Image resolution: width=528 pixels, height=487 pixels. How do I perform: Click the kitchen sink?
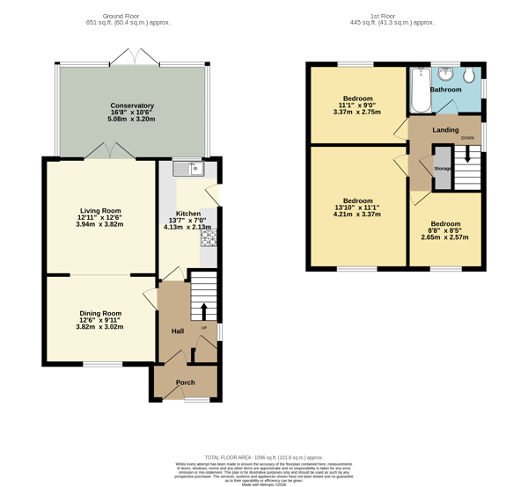pos(188,169)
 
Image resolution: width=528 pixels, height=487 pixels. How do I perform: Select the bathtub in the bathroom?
pos(419,91)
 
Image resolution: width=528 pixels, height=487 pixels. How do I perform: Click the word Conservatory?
pos(132,105)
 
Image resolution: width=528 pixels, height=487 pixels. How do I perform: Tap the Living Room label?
pos(100,211)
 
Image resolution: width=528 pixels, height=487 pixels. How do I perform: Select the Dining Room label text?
pos(100,314)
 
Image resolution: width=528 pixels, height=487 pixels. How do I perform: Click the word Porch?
pos(186,382)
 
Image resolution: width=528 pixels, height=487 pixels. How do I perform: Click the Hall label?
pos(177,331)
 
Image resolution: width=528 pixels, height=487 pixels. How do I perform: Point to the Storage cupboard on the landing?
pos(442,168)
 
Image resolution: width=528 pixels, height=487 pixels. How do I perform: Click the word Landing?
pos(445,130)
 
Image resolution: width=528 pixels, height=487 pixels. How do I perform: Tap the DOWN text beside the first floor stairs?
pos(467,138)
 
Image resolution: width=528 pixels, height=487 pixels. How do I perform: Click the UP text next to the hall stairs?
pos(204,328)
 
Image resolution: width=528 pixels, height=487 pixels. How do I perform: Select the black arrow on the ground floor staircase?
pos(204,311)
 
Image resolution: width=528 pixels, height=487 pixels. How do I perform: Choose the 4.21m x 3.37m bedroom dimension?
pos(358,214)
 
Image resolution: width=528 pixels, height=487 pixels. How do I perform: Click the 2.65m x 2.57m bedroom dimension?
pos(445,237)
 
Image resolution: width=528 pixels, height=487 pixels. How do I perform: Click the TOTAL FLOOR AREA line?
pos(264,458)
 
